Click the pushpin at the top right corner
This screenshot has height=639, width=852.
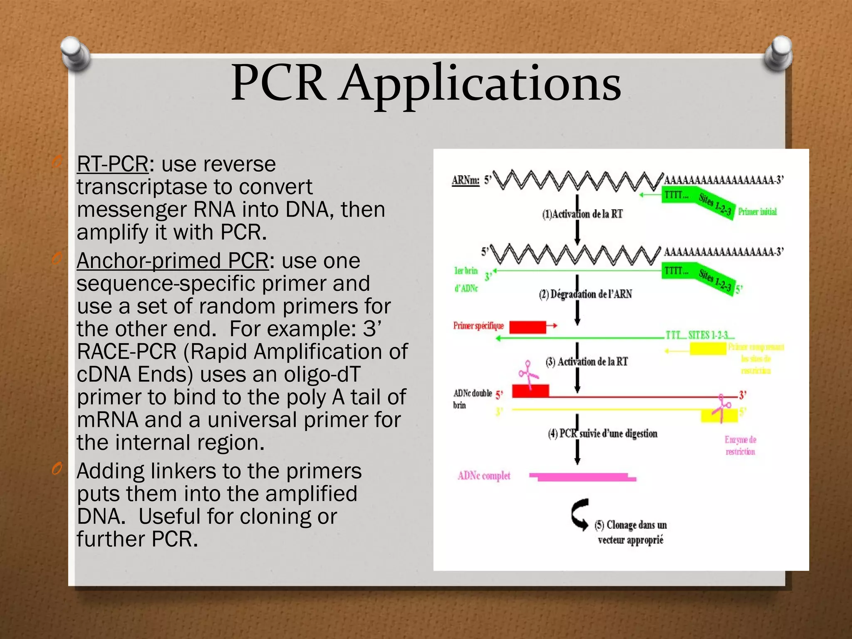pos(778,53)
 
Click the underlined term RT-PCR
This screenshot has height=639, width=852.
pos(112,164)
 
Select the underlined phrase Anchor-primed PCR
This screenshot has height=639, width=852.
pos(173,261)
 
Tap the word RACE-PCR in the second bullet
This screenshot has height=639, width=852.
pos(127,352)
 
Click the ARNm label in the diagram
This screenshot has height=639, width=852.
pos(466,181)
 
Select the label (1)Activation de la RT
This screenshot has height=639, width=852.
pos(582,214)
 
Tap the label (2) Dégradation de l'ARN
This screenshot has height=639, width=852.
pos(585,294)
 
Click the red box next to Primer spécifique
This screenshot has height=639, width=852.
pos(528,327)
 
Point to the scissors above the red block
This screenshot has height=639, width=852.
pos(528,374)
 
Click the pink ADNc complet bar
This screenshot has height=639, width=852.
pos(582,477)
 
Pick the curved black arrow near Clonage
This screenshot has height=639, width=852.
pos(580,514)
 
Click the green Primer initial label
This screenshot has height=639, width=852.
pos(757,212)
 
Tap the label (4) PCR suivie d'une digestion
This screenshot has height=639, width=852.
pos(602,433)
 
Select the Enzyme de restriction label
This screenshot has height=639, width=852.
pos(740,445)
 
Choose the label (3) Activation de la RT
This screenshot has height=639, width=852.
pos(587,362)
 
